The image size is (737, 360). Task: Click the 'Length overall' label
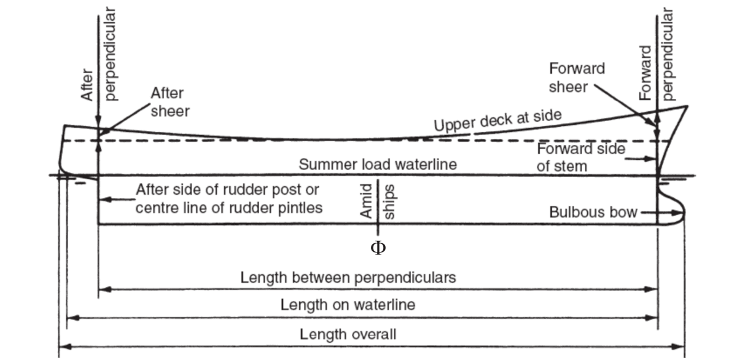(348, 335)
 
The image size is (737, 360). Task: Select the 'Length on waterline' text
(348, 305)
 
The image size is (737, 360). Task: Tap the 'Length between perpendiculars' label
(348, 278)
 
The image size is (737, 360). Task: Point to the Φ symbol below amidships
(378, 248)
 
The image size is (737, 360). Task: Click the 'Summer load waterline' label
(378, 164)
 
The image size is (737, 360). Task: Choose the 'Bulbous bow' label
(593, 212)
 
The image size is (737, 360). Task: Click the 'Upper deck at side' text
(498, 120)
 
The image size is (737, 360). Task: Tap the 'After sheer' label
(170, 102)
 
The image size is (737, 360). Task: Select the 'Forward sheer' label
(577, 77)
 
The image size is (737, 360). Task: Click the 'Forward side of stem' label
(581, 158)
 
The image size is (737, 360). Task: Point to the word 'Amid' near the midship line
(366, 201)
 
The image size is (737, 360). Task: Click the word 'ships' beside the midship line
(389, 202)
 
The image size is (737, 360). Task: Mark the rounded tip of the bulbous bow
(685, 212)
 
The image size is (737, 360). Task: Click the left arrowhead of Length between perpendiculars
(105, 289)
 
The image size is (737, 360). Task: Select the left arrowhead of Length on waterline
(73, 318)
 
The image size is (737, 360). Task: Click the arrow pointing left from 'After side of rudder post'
(117, 200)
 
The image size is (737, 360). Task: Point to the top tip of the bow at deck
(687, 106)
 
